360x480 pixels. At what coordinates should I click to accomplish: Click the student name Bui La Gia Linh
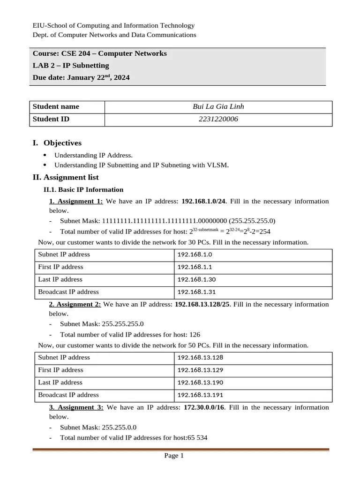point(218,106)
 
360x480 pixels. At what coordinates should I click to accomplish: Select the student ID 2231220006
point(218,119)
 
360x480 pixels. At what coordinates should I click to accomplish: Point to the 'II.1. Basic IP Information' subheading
point(83,190)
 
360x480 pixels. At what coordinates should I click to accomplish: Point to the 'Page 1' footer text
point(173,456)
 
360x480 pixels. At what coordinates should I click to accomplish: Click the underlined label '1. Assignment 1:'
point(76,201)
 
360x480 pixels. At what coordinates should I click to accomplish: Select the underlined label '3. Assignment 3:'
point(76,407)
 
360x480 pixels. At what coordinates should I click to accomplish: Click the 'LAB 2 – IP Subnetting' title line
point(71,66)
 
